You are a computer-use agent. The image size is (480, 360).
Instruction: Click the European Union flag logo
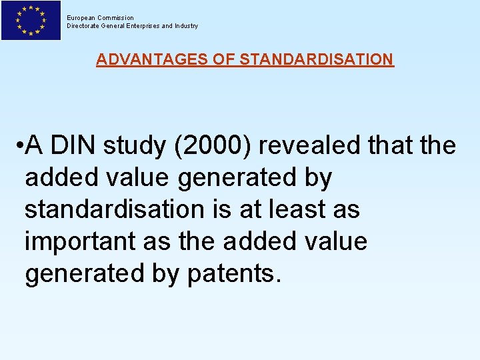(x=31, y=21)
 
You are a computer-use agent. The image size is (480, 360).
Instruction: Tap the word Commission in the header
(x=116, y=18)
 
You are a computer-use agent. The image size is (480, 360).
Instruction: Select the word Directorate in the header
(x=83, y=26)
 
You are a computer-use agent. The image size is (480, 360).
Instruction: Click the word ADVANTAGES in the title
(x=152, y=59)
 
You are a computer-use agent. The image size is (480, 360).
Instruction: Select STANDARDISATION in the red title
(x=316, y=59)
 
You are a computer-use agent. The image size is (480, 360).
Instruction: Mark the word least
(x=295, y=210)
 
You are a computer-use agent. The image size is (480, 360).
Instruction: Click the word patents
(x=231, y=273)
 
